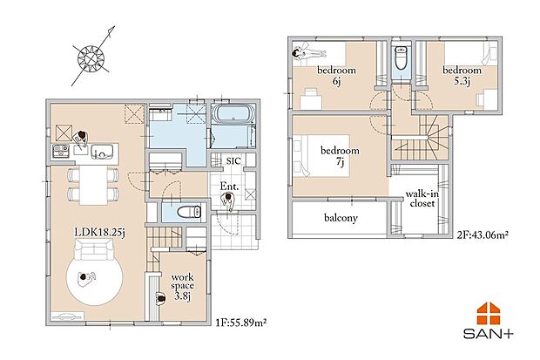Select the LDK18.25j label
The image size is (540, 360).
[x=100, y=233]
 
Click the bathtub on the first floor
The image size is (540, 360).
[x=233, y=114]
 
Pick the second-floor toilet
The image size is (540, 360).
[x=402, y=58]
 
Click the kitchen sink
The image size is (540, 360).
[x=102, y=152]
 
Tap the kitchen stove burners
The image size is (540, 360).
[x=61, y=151]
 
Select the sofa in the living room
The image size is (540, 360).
[x=94, y=250]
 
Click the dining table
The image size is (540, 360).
[x=93, y=185]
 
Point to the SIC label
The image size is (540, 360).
[x=233, y=161]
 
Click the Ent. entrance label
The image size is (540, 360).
[x=229, y=187]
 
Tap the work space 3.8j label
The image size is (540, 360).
[x=182, y=287]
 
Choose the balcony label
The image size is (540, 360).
[x=341, y=218]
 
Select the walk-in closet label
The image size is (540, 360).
[x=422, y=199]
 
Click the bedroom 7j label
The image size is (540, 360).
[x=340, y=155]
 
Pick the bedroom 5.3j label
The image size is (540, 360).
[x=462, y=75]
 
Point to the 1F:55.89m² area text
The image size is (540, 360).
[x=241, y=323]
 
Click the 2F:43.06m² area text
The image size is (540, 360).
[x=483, y=235]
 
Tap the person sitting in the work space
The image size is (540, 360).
[x=160, y=298]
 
